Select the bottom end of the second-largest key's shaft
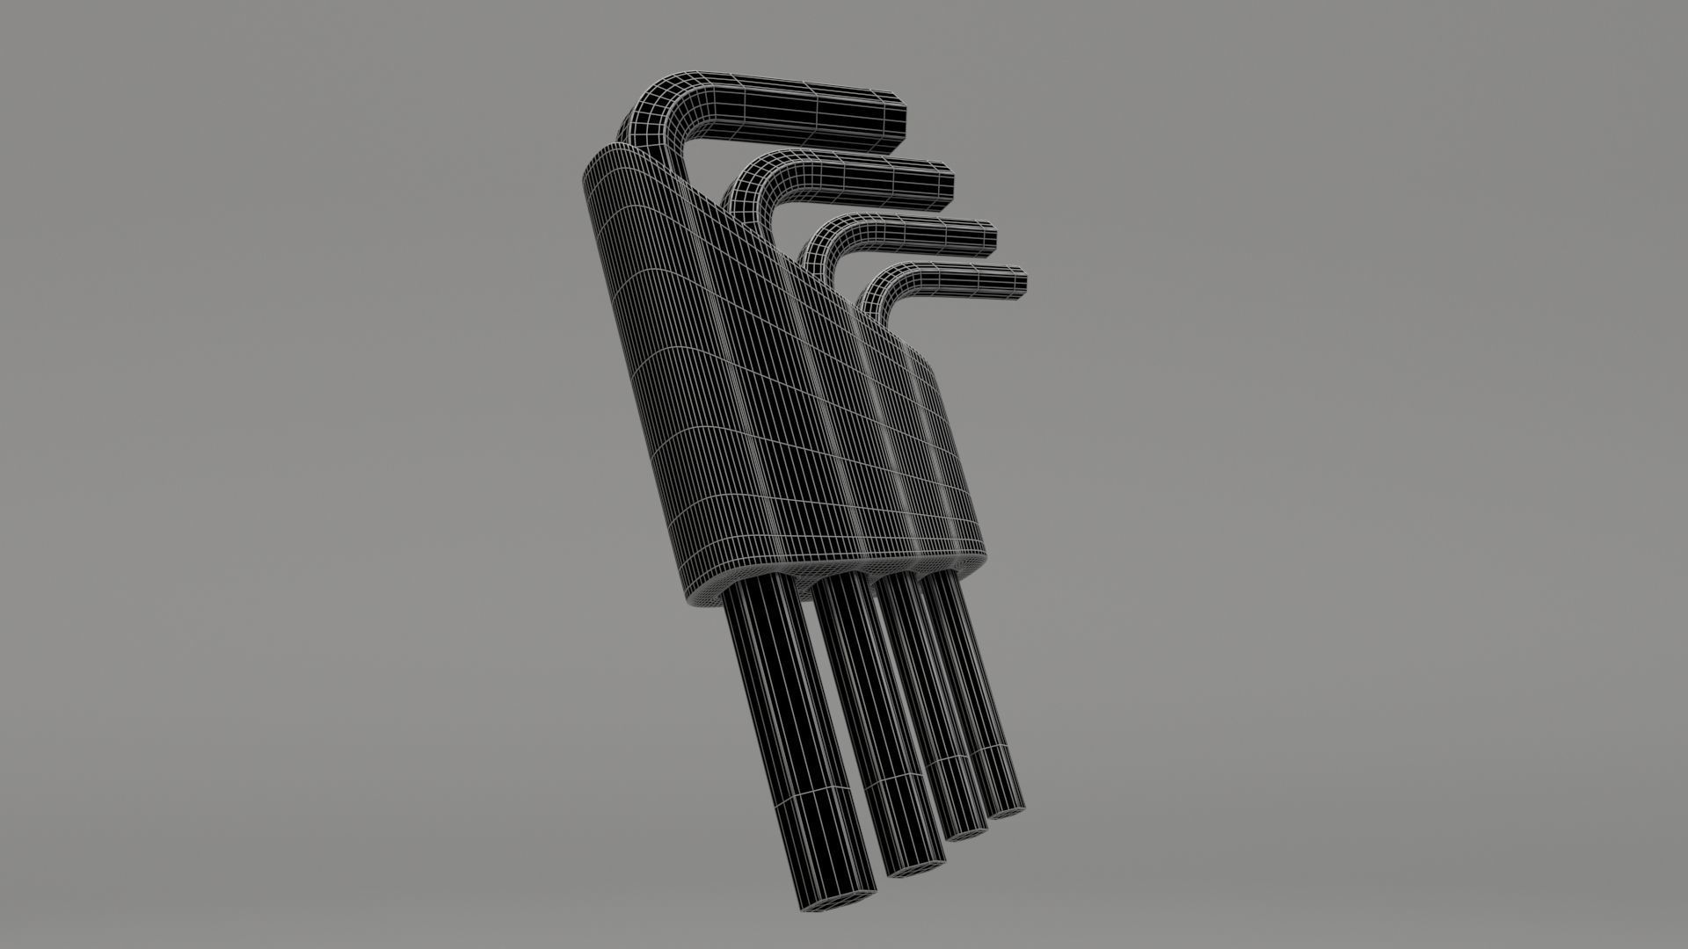click(x=914, y=866)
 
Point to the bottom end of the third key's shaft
click(x=967, y=830)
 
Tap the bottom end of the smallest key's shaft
click(x=1007, y=808)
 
